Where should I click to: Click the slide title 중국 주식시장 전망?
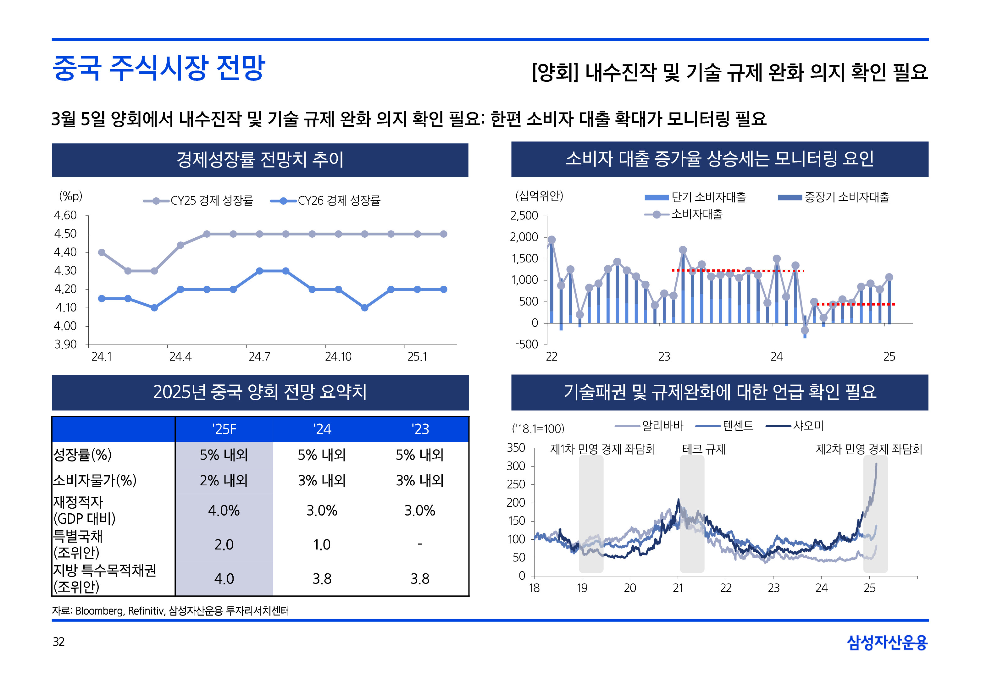[x=159, y=68]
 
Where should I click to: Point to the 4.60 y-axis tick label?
[x=65, y=215]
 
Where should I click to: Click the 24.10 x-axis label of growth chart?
[x=338, y=356]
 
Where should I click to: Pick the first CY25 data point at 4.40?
[x=102, y=253]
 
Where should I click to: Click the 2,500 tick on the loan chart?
[x=524, y=216]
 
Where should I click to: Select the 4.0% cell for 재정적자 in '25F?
[x=224, y=511]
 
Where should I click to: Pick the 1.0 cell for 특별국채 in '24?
[x=322, y=544]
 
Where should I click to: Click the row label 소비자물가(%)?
[x=94, y=480]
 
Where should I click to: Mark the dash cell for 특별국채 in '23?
[x=419, y=544]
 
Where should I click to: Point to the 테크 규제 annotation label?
[x=704, y=449]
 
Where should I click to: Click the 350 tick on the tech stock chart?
[x=516, y=448]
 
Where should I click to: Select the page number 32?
[x=59, y=642]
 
